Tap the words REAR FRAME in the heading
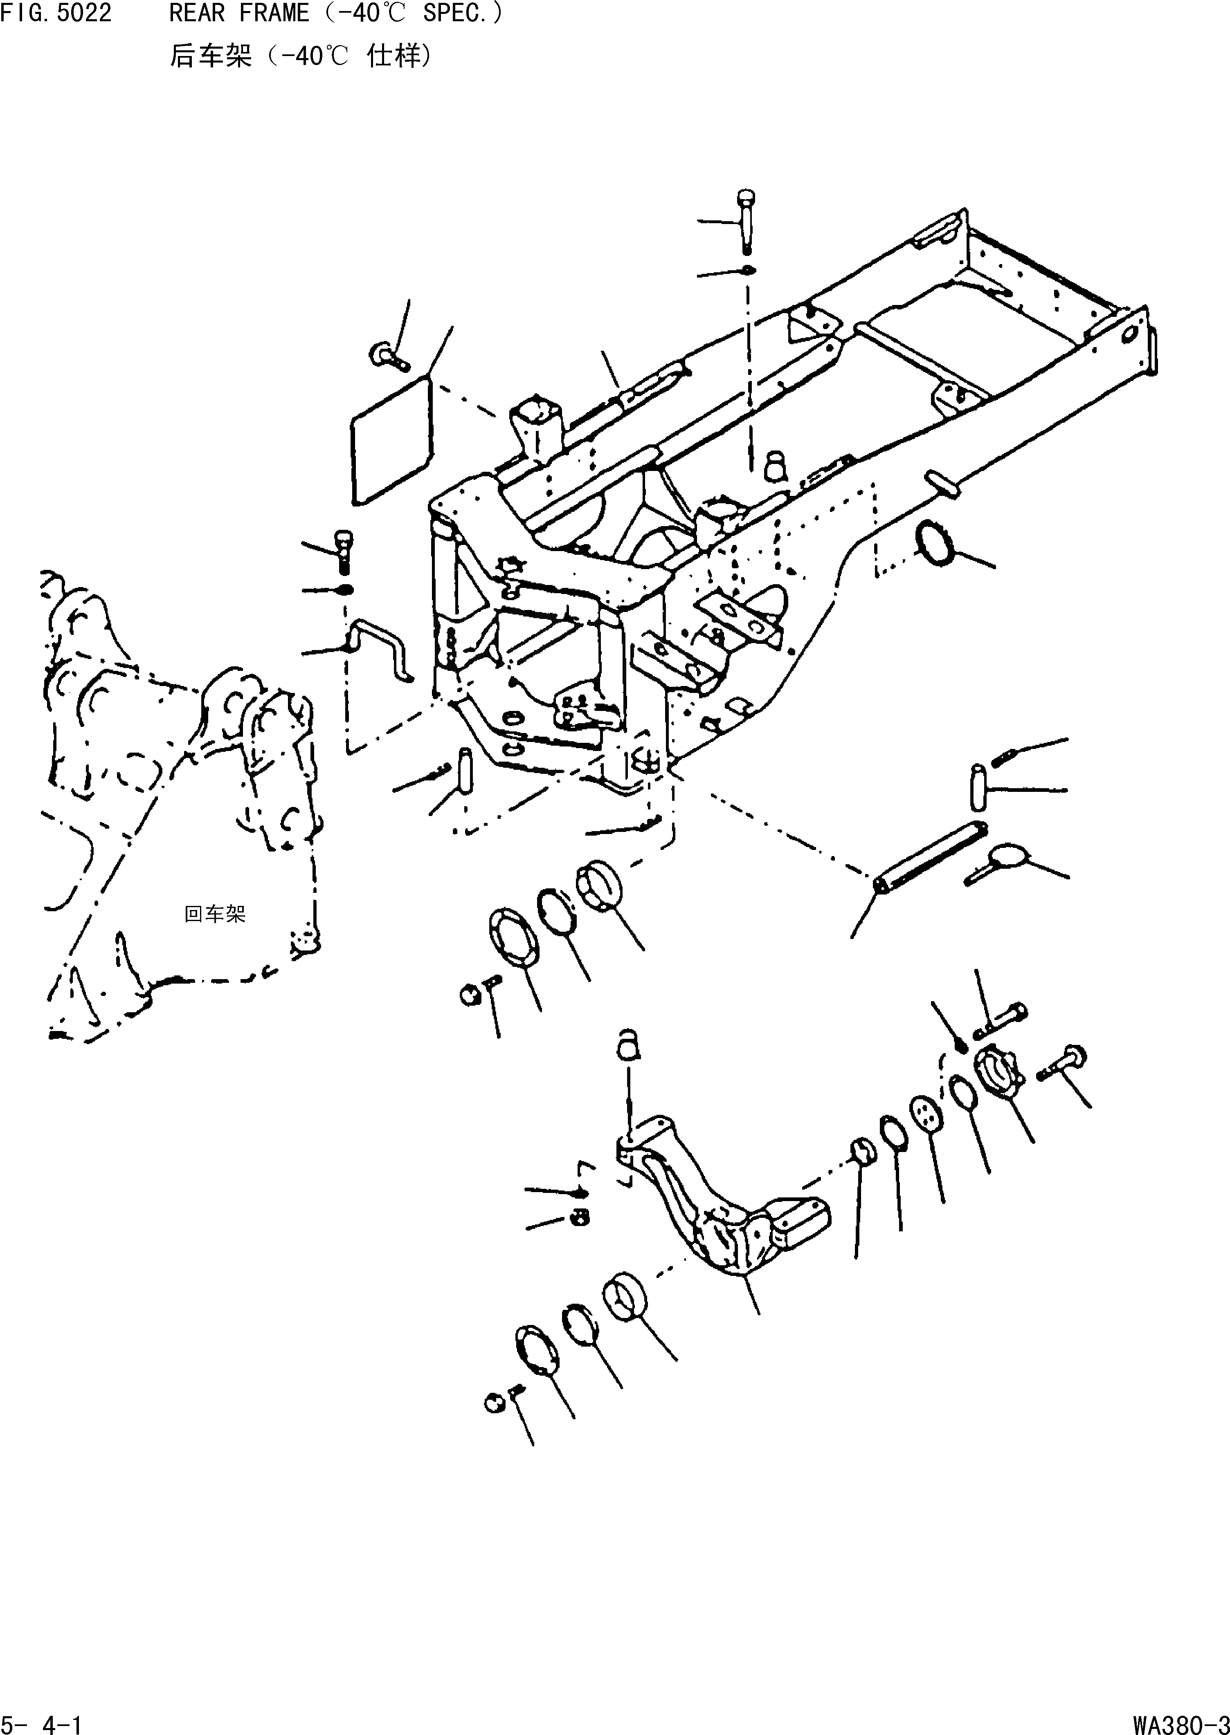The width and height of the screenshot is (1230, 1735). pyautogui.click(x=238, y=13)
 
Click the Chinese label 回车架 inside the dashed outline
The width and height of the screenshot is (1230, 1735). pyautogui.click(x=215, y=915)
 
